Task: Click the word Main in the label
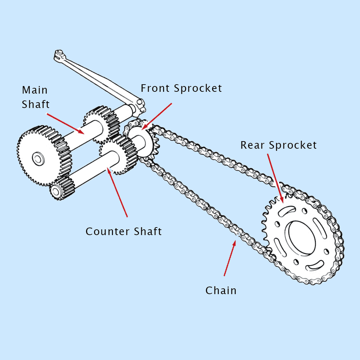(35, 90)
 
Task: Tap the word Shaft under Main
(36, 105)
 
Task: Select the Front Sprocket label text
(181, 88)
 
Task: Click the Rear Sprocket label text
(279, 145)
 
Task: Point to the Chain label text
(221, 291)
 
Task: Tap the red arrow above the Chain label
(230, 258)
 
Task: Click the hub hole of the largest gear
(37, 158)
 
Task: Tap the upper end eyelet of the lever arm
(59, 55)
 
